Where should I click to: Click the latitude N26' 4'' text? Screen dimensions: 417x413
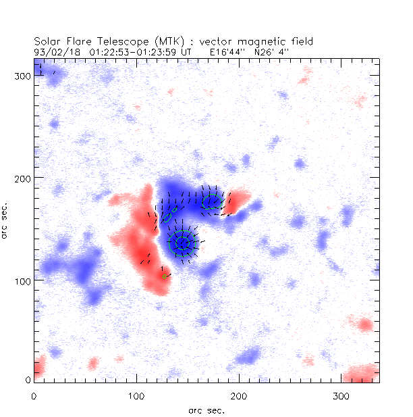point(274,51)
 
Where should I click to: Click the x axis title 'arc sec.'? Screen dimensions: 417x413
point(206,410)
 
